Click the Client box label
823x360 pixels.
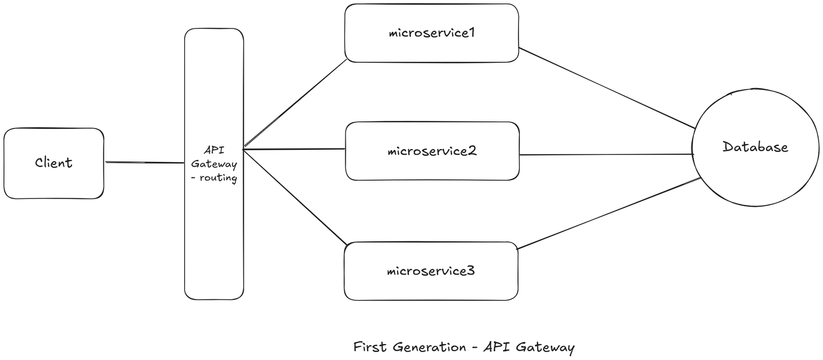coord(53,163)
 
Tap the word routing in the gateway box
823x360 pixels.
coord(218,178)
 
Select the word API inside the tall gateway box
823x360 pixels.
coord(213,151)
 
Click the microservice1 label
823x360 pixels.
coord(432,33)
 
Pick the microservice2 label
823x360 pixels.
coord(432,151)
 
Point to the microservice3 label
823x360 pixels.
coord(431,271)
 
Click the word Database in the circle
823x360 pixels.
coord(755,147)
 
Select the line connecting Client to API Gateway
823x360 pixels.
coord(144,163)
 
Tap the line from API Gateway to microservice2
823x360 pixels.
coord(293,149)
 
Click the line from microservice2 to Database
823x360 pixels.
coord(607,154)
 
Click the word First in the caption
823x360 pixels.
coord(369,347)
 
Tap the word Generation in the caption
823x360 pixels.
coord(430,347)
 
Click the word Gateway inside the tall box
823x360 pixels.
coord(214,165)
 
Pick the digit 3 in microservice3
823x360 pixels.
coord(471,271)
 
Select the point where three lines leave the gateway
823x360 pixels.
coord(243,149)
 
